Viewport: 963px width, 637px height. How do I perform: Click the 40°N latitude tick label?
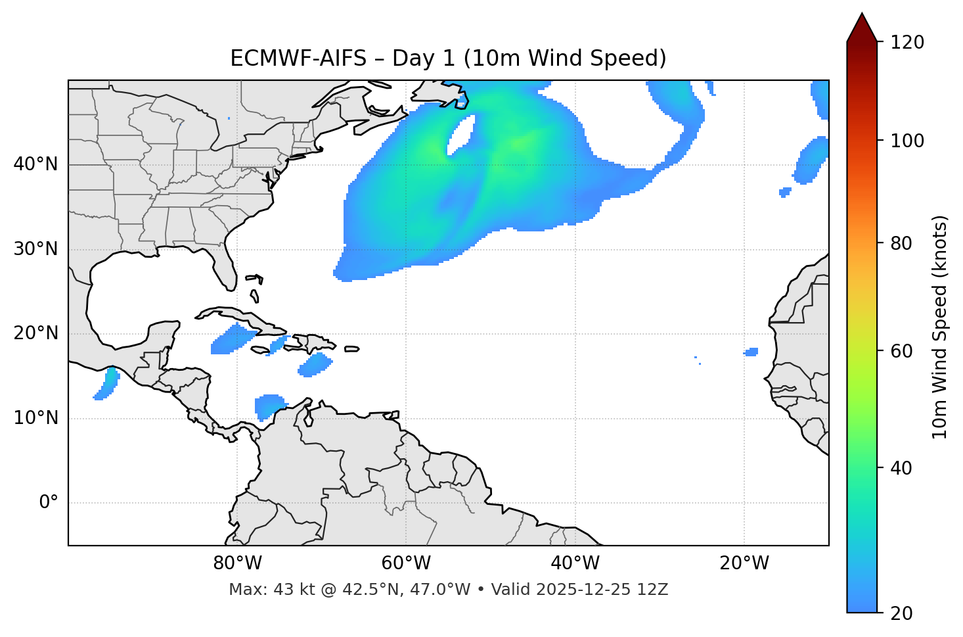pyautogui.click(x=35, y=164)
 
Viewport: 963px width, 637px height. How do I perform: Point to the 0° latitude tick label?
pyautogui.click(x=49, y=503)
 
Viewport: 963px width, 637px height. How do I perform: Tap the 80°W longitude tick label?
pyautogui.click(x=237, y=563)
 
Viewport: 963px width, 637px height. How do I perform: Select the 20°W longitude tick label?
pyautogui.click(x=744, y=563)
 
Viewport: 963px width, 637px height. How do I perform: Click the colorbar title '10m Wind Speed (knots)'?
pyautogui.click(x=940, y=327)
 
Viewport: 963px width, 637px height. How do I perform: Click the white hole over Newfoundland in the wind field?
pyautogui.click(x=461, y=135)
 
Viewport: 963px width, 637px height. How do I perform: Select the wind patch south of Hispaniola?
pyautogui.click(x=316, y=364)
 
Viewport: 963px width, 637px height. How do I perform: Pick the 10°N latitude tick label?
pyautogui.click(x=35, y=418)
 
